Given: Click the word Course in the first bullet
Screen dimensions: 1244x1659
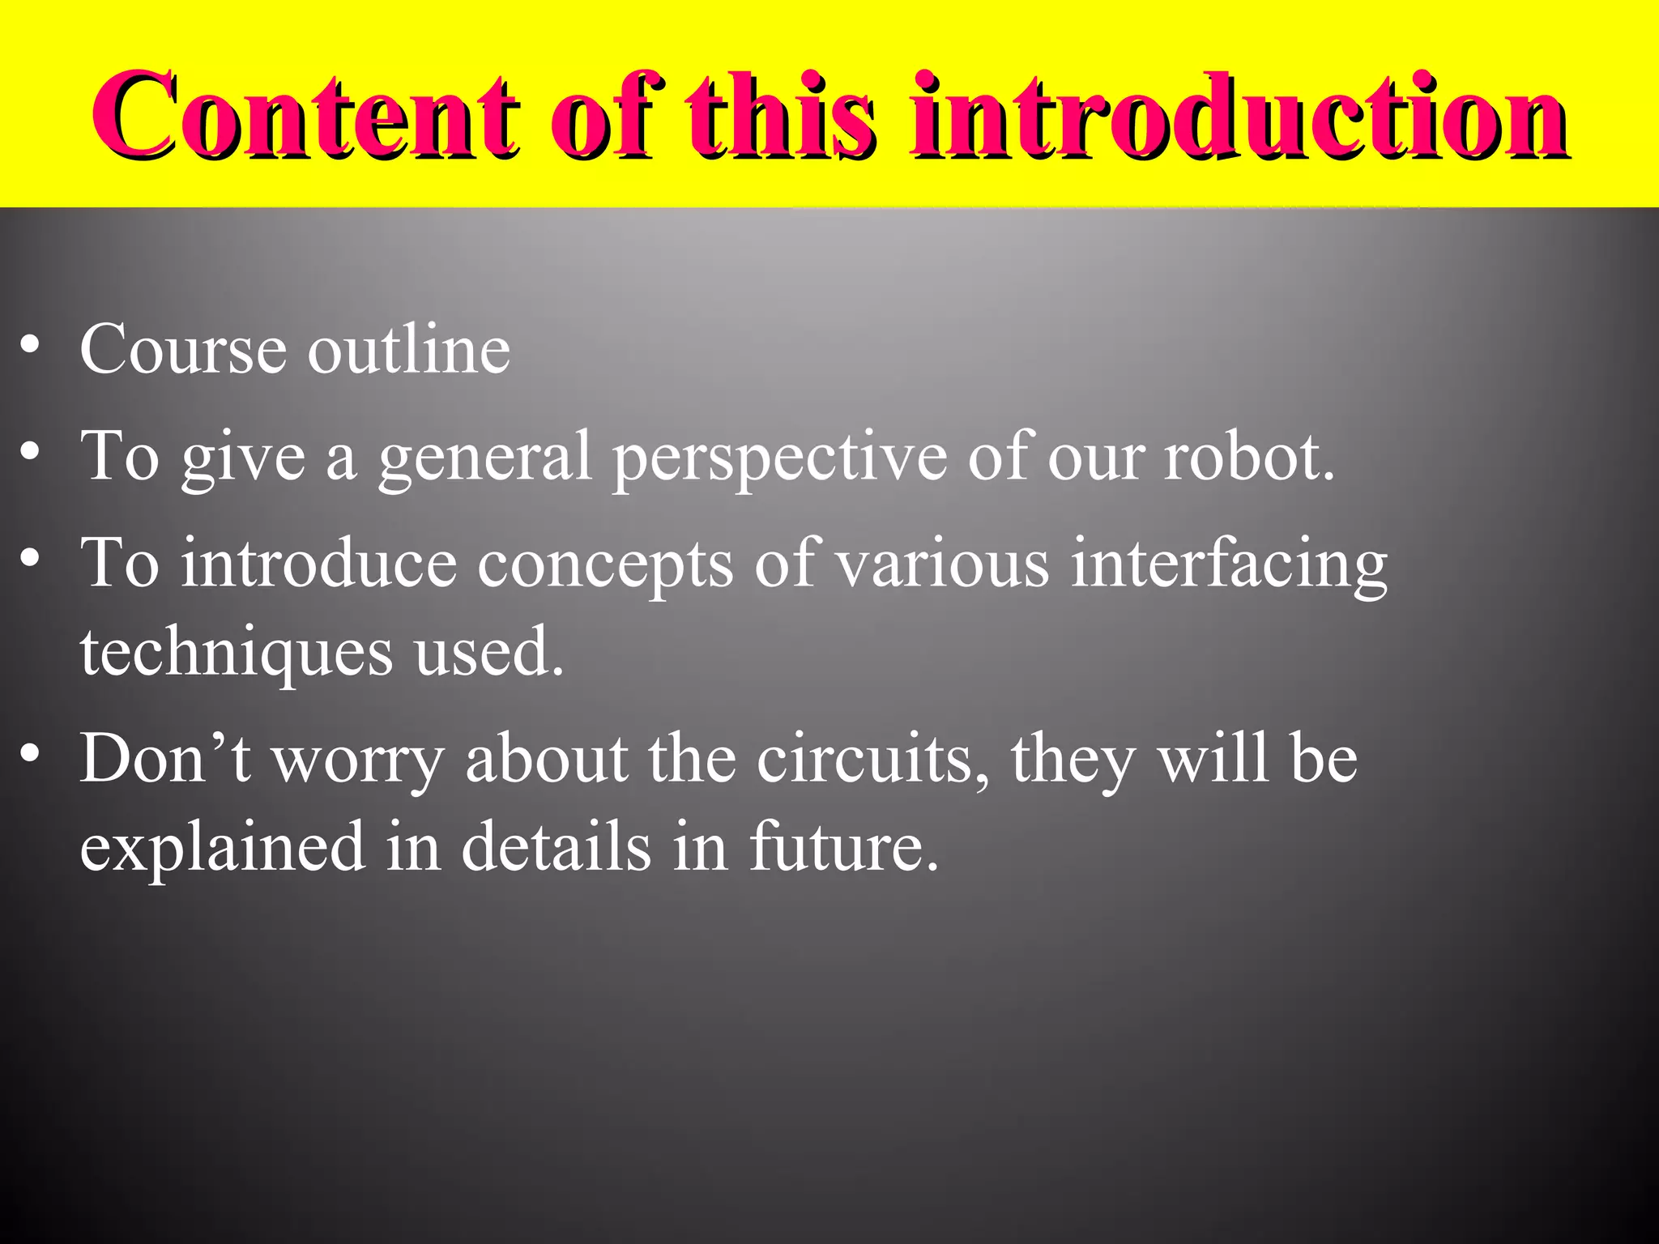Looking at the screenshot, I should pos(183,349).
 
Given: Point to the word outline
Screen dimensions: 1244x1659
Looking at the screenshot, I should pos(409,349).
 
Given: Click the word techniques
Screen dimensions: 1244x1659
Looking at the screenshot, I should pos(236,652).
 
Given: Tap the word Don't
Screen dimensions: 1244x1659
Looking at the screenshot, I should pos(165,759).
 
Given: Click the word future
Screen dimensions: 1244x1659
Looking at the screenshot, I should pos(843,846).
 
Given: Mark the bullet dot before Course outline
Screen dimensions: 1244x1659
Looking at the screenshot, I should pos(30,347).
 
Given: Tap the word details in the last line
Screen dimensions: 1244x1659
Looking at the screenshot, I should pos(556,846).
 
